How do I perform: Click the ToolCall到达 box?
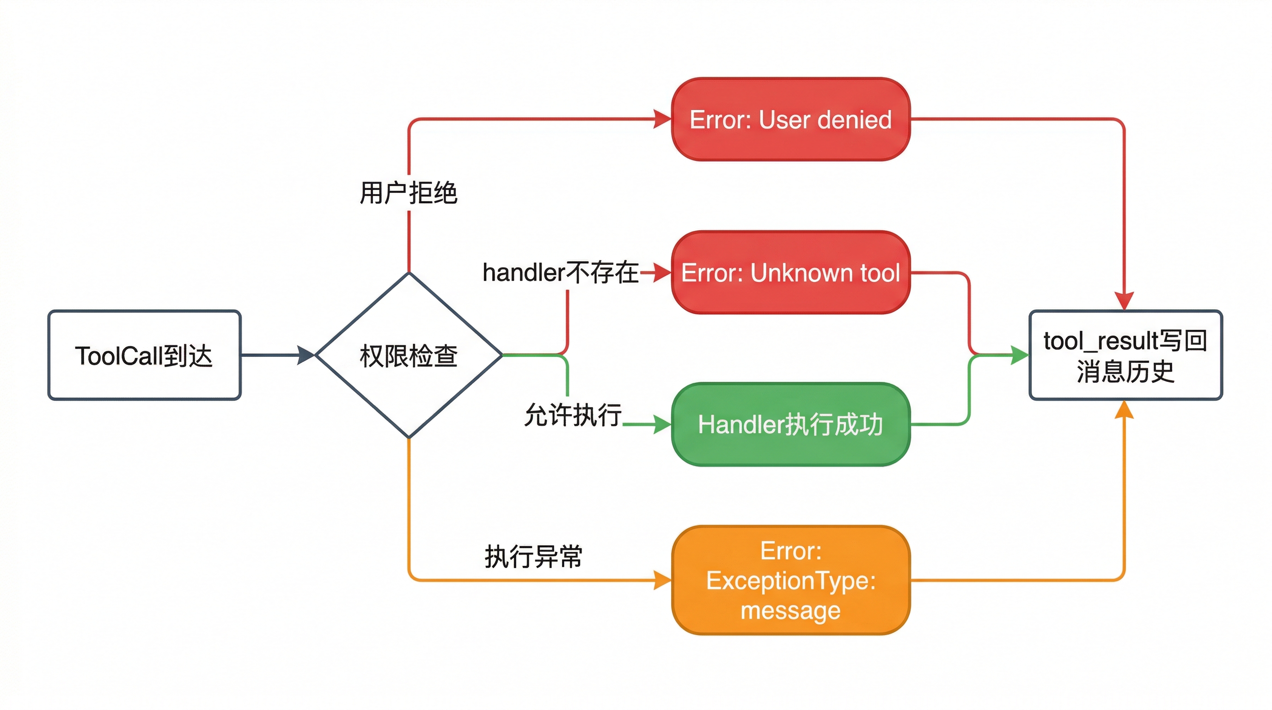(x=144, y=355)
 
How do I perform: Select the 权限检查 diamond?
(x=409, y=355)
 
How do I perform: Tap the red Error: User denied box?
(x=790, y=119)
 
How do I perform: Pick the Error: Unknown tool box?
(x=790, y=273)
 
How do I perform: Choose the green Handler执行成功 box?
(x=790, y=424)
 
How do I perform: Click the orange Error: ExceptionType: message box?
(x=790, y=580)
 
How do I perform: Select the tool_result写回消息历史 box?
(x=1125, y=355)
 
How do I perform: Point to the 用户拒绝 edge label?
(x=409, y=193)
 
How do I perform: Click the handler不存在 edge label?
(x=561, y=273)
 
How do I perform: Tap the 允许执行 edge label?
(x=573, y=415)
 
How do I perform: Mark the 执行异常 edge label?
(x=533, y=557)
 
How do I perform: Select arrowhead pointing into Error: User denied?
(x=663, y=119)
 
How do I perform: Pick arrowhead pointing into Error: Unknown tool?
(x=663, y=273)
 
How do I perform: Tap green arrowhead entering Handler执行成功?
(x=663, y=424)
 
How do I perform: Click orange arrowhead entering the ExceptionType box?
(x=663, y=580)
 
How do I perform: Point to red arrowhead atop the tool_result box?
(x=1125, y=301)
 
